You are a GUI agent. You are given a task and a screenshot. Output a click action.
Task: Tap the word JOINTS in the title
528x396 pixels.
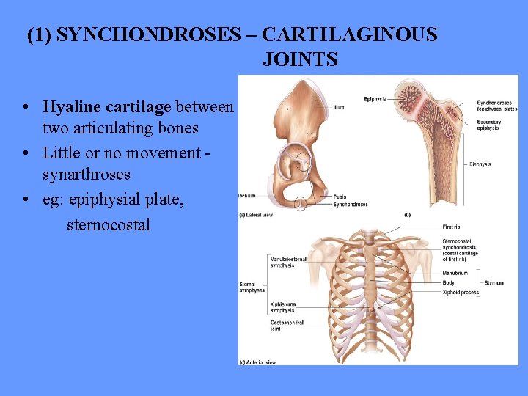click(x=300, y=59)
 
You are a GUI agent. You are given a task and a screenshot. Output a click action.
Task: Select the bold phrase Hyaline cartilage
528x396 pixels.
click(x=107, y=107)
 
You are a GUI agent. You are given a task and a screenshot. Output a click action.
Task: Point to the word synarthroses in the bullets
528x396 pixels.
click(x=87, y=175)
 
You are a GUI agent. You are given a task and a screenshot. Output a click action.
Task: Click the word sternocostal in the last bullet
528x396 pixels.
click(x=108, y=224)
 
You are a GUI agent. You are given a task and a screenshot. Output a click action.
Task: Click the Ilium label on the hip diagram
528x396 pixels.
click(x=340, y=106)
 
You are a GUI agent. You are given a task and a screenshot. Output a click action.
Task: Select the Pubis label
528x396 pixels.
click(x=339, y=197)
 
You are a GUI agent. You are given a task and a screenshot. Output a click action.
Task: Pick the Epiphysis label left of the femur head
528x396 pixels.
click(x=376, y=99)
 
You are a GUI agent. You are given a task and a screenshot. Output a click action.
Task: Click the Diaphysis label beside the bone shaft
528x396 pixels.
click(x=480, y=164)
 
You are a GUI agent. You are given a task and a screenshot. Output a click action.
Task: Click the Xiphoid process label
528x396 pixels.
click(x=461, y=293)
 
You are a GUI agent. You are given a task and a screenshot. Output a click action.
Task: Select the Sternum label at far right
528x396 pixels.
click(x=494, y=282)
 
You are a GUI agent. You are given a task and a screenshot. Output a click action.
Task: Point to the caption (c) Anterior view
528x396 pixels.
click(x=258, y=362)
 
